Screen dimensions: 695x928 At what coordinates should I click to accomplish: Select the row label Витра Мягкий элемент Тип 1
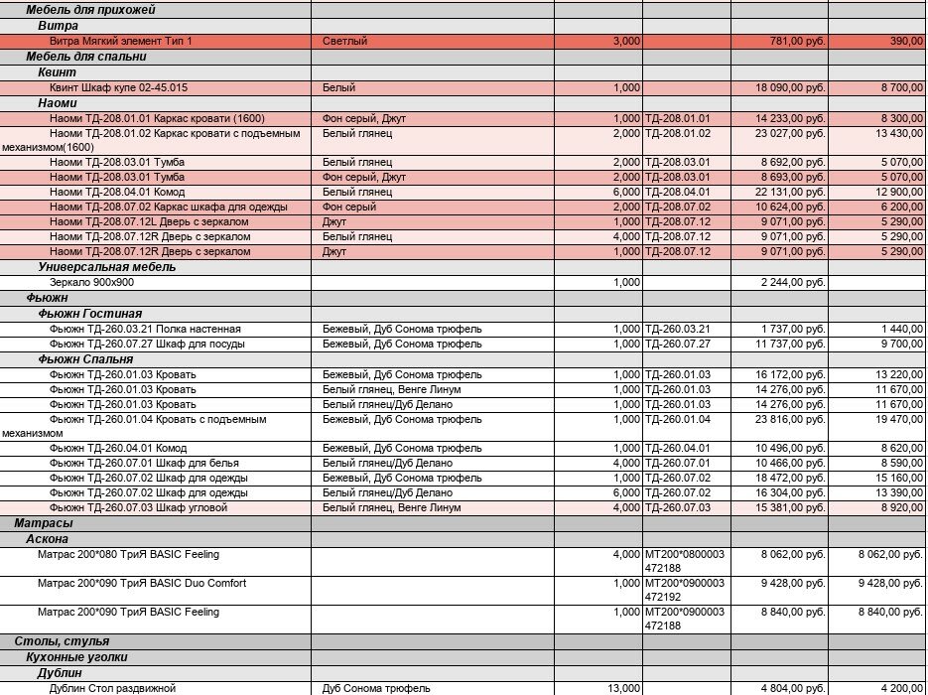pyautogui.click(x=121, y=42)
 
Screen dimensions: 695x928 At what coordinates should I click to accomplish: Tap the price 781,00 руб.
pyautogui.click(x=797, y=42)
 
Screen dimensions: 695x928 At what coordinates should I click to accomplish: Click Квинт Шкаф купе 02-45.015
pyautogui.click(x=118, y=88)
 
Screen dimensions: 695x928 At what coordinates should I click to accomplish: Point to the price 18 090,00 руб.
pyautogui.click(x=790, y=88)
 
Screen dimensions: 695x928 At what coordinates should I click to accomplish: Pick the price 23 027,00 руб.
pyautogui.click(x=790, y=133)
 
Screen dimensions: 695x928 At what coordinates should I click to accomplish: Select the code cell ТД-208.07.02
pyautogui.click(x=678, y=207)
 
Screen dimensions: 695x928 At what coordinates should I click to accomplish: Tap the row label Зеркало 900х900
pyautogui.click(x=91, y=283)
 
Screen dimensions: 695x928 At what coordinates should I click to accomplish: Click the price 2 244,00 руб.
pyautogui.click(x=793, y=283)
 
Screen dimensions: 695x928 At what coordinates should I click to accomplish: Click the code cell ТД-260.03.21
pyautogui.click(x=678, y=329)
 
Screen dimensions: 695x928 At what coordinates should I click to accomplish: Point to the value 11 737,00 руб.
pyautogui.click(x=790, y=344)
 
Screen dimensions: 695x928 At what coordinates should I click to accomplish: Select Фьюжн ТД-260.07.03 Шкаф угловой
pyautogui.click(x=139, y=508)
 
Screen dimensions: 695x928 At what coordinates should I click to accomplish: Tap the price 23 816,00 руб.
pyautogui.click(x=790, y=419)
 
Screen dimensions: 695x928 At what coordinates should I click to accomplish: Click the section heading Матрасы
pyautogui.click(x=44, y=523)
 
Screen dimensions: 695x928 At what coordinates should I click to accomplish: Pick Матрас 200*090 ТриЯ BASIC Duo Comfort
pyautogui.click(x=142, y=583)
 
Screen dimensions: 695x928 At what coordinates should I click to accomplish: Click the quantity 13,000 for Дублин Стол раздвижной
pyautogui.click(x=623, y=688)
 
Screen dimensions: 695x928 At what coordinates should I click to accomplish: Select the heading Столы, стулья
pyautogui.click(x=62, y=641)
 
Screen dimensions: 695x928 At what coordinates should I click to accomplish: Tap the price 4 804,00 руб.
pyautogui.click(x=793, y=688)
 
